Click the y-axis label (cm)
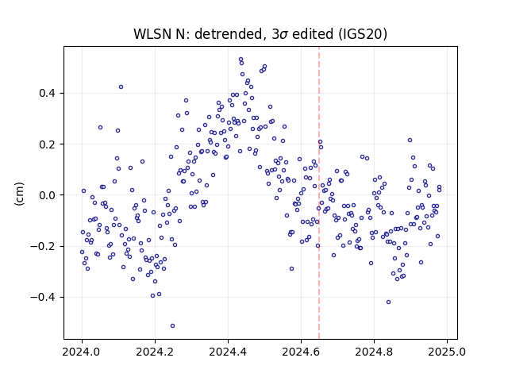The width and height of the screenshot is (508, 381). [19, 194]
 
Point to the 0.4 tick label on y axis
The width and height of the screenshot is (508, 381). [47, 94]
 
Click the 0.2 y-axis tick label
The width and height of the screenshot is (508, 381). [47, 144]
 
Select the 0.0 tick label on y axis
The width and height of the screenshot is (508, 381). [47, 195]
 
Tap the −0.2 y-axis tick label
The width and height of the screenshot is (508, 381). [43, 246]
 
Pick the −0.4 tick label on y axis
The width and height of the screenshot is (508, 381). [43, 297]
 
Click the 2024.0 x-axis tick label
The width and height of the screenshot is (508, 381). [82, 352]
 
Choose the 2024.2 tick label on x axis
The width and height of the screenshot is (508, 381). [156, 352]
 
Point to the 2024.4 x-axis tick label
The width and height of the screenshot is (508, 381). [228, 352]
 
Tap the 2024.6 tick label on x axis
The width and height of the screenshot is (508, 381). [301, 352]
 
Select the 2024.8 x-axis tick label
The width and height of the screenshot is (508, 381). [374, 352]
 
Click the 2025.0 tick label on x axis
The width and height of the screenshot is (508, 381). [447, 352]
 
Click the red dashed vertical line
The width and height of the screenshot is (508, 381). [319, 193]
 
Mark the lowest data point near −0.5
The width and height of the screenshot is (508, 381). [173, 325]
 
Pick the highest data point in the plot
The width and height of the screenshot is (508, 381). [241, 60]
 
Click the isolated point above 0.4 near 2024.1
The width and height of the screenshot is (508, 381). [121, 87]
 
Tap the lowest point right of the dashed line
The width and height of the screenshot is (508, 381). [388, 302]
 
